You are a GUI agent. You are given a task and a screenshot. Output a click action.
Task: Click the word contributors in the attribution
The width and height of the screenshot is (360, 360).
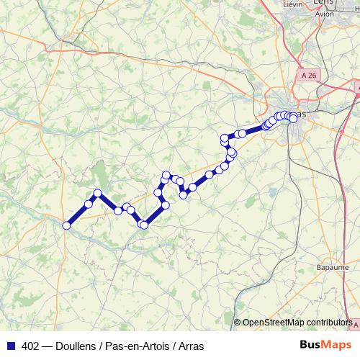tap(330, 322)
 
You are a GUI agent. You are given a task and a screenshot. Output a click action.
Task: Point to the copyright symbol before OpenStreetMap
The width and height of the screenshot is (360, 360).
tap(237, 322)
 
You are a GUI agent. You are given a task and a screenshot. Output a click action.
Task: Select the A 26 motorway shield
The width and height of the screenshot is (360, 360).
tap(310, 76)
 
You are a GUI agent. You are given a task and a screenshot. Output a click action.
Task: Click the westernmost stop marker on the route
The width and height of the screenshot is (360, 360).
tap(67, 225)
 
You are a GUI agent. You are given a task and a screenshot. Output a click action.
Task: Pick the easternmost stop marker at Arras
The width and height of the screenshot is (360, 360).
tap(293, 118)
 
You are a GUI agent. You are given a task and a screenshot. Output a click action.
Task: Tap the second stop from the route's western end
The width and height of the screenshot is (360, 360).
tap(89, 204)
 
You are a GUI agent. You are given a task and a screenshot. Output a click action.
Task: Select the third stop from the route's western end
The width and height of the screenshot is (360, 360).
tap(98, 193)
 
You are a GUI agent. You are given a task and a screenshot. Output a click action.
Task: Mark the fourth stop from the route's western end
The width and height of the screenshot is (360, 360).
tap(118, 210)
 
